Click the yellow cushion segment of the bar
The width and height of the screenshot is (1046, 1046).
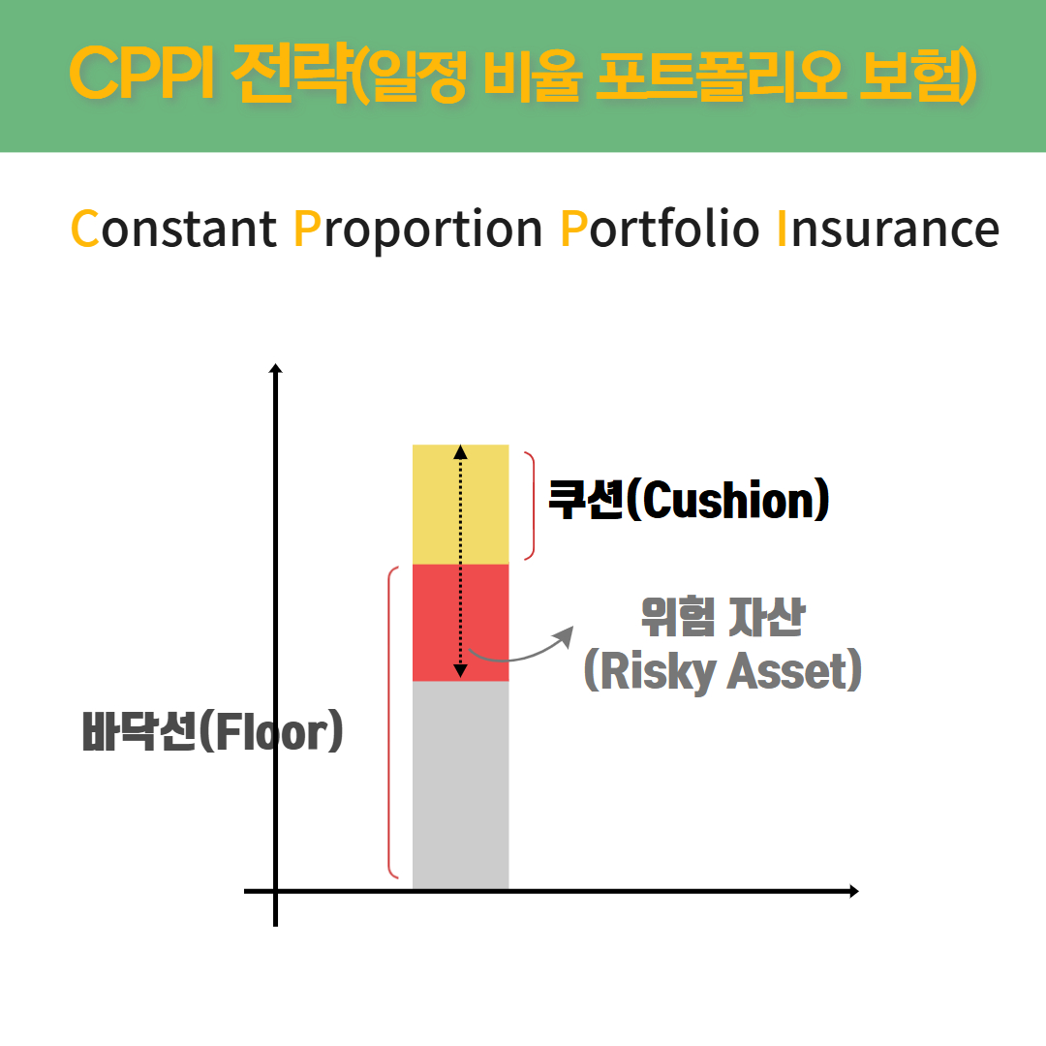(x=460, y=505)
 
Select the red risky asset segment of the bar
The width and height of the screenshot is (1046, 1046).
(x=460, y=623)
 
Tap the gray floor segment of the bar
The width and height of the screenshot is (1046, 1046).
(x=460, y=785)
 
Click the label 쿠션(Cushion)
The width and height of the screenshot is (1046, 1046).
(x=689, y=500)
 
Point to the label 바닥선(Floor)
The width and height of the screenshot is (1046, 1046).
(x=213, y=731)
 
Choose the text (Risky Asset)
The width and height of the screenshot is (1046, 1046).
(x=723, y=671)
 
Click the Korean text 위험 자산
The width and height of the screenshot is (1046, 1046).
(x=723, y=616)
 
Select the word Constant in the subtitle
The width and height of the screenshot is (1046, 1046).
(x=173, y=229)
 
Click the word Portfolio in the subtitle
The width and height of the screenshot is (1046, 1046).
(x=660, y=229)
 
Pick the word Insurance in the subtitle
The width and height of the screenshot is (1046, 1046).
(x=888, y=229)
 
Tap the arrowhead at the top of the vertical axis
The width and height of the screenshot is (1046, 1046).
(x=275, y=368)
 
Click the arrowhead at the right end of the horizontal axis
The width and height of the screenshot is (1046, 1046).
(x=854, y=891)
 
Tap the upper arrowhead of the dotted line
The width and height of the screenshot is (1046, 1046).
(x=460, y=452)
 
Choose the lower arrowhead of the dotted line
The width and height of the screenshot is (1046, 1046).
(x=460, y=671)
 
